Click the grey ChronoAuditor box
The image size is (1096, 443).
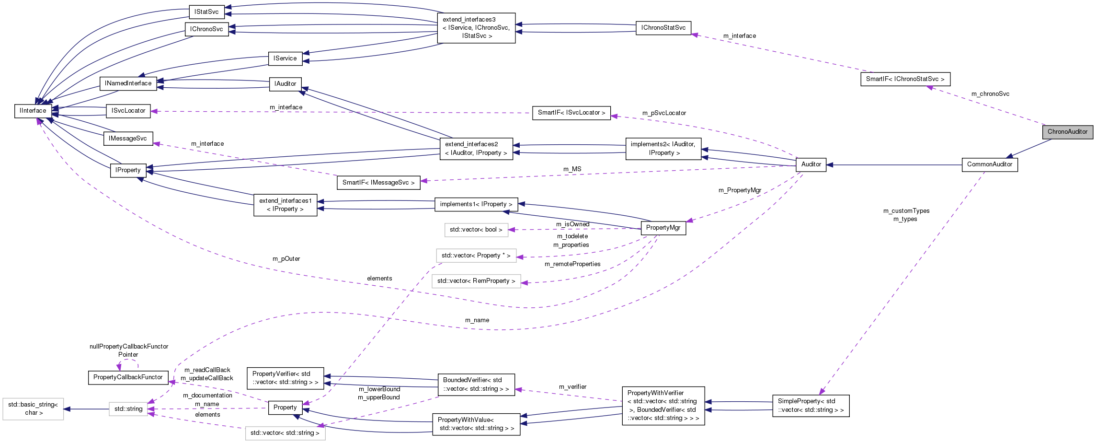[1067, 132]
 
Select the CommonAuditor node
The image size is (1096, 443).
[989, 164]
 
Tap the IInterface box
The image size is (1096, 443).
[33, 111]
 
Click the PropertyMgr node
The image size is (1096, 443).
[663, 228]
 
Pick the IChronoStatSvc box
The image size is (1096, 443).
[663, 28]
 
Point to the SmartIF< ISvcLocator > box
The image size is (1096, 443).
[571, 113]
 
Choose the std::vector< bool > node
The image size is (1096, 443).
[476, 230]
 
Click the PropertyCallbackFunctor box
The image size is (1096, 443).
[128, 377]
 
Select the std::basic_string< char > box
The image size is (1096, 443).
[33, 408]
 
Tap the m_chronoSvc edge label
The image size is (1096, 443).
[990, 94]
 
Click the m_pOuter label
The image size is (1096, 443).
[286, 259]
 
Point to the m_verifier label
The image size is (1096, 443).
[572, 387]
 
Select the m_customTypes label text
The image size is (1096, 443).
[906, 211]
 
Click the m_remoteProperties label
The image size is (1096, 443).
[572, 264]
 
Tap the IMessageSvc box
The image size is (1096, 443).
[128, 139]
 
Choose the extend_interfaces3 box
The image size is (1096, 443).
[476, 28]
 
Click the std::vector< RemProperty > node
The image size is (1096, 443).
[476, 281]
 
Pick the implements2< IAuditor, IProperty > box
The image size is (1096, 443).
[663, 149]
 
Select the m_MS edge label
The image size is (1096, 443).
[572, 169]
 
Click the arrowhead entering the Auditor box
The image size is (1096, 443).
[830, 165]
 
